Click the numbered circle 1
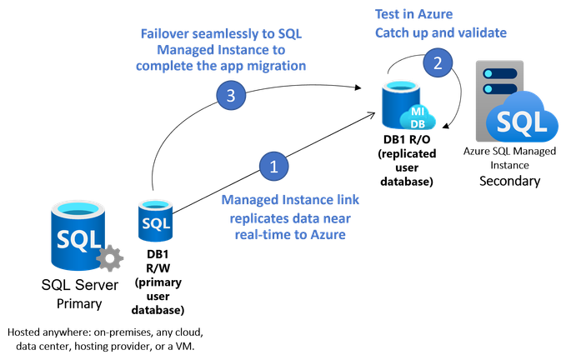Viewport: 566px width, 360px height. click(x=273, y=166)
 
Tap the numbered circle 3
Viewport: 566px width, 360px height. click(x=231, y=96)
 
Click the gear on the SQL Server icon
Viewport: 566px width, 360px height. click(x=109, y=258)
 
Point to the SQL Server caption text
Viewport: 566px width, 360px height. click(x=80, y=285)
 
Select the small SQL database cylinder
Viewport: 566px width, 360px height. click(x=155, y=221)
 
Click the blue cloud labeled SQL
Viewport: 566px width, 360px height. click(x=523, y=122)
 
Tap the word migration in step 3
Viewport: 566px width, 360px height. click(x=278, y=67)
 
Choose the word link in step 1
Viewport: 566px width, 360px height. click(x=348, y=200)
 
